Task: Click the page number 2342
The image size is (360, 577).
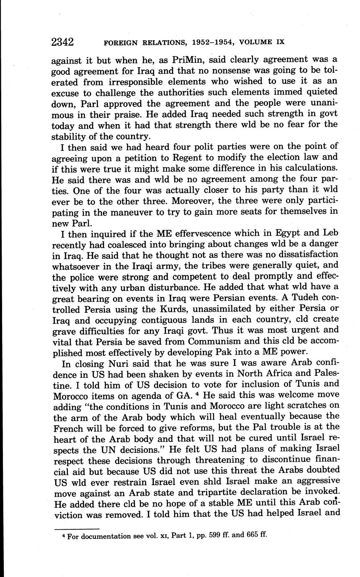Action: tap(62, 42)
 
